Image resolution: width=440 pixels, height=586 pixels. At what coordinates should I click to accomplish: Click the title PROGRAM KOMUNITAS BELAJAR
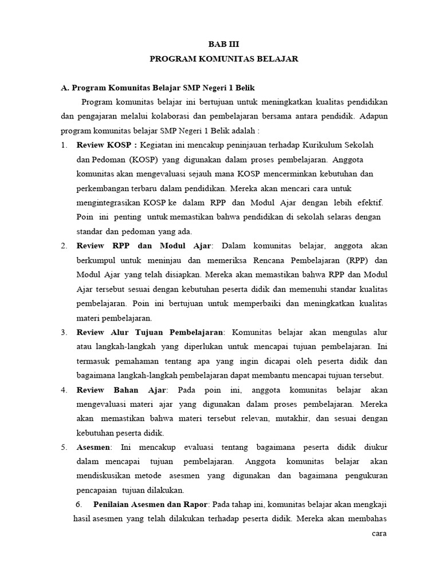tap(224, 59)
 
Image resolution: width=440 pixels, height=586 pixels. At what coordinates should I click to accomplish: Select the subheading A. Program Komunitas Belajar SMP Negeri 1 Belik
tap(158, 88)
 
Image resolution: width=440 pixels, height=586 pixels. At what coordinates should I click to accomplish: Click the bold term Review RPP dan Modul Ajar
tap(144, 246)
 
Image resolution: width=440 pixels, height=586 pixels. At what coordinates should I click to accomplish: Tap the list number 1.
tap(64, 144)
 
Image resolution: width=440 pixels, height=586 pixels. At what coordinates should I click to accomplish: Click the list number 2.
tap(64, 246)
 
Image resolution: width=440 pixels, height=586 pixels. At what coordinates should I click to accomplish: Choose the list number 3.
tap(64, 332)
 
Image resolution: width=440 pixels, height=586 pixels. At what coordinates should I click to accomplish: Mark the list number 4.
tap(64, 390)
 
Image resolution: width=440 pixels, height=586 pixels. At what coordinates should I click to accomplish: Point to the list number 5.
tap(64, 447)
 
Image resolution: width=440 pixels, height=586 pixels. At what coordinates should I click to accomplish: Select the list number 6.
tap(79, 505)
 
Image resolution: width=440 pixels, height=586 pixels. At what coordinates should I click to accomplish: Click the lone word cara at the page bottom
tap(379, 534)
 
